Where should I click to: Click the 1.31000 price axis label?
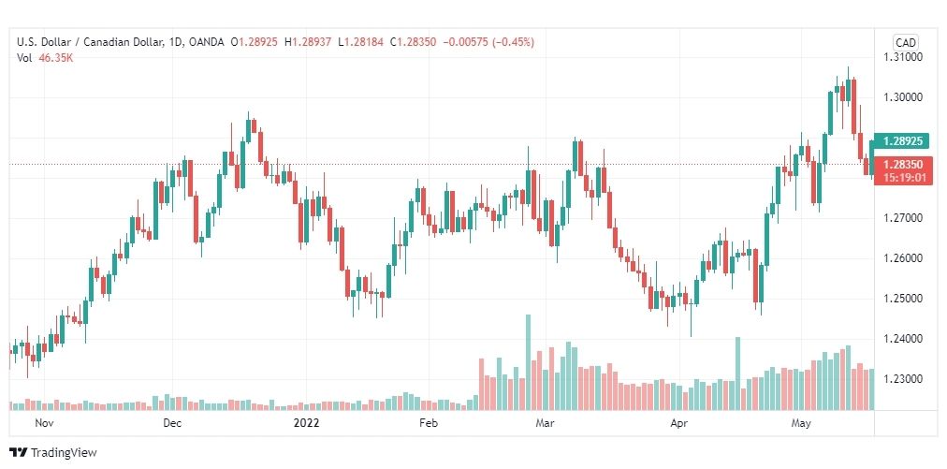[x=902, y=57]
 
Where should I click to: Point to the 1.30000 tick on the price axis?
[x=902, y=97]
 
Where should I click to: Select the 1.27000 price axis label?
[x=902, y=217]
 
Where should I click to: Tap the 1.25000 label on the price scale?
[x=902, y=299]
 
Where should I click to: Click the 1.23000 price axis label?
[x=902, y=379]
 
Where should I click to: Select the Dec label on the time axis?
[x=172, y=423]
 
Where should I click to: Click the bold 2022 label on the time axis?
[x=306, y=423]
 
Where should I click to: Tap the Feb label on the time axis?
[x=429, y=423]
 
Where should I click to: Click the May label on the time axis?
[x=801, y=423]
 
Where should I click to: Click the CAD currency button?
[x=905, y=42]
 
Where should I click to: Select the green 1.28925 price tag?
[x=902, y=141]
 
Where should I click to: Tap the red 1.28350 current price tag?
[x=902, y=170]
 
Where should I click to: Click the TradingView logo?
[x=53, y=452]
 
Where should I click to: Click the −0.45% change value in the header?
[x=514, y=42]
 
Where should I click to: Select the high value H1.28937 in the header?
[x=308, y=42]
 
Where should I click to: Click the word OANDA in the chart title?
[x=206, y=42]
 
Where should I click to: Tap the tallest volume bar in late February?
[x=529, y=362]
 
